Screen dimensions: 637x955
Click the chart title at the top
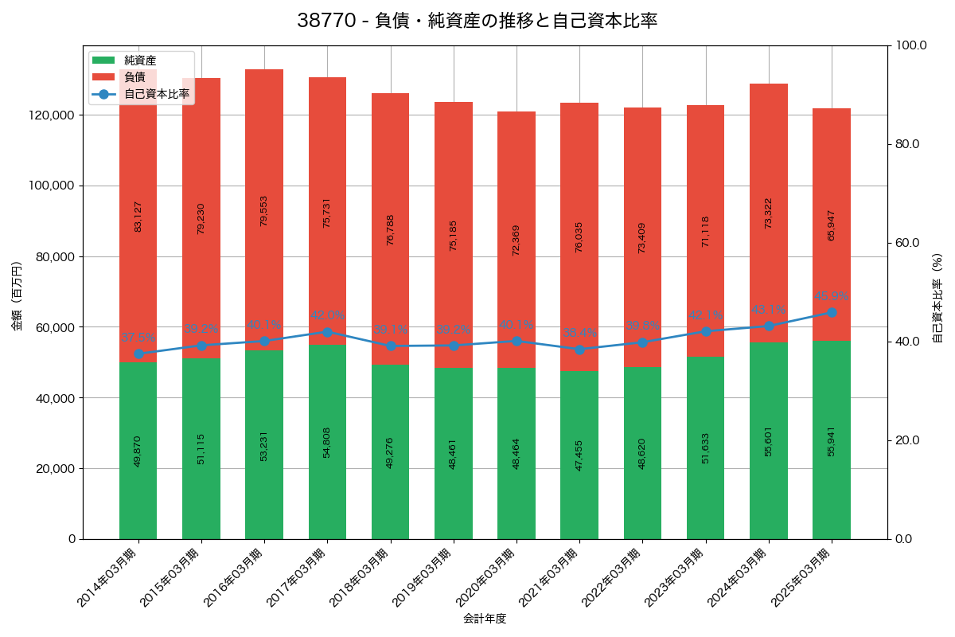coord(477,21)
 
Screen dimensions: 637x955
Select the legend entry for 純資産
coord(140,61)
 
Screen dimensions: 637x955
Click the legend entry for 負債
coord(134,77)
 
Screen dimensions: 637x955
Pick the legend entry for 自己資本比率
coord(157,94)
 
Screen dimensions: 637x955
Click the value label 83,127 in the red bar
coord(138,216)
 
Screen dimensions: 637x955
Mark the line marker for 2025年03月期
coord(832,313)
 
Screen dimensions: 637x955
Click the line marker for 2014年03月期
coord(138,354)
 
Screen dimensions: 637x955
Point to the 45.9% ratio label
coord(832,296)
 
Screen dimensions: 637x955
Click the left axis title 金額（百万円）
coord(17,296)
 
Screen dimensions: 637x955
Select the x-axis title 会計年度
coord(485,619)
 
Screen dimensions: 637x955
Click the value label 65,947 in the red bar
coord(832,225)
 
